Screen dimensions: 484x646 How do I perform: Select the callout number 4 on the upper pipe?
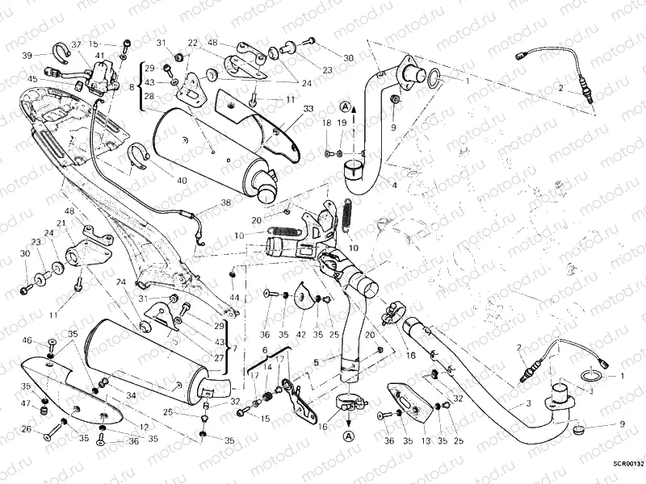point(395,186)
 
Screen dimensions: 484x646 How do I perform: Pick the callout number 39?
point(27,55)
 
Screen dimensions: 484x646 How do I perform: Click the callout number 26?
point(26,429)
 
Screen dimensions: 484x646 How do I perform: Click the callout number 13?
point(425,441)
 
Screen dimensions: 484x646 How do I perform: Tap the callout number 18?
point(327,123)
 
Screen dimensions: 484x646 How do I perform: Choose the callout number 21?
point(60,223)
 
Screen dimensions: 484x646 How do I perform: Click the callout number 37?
point(76,44)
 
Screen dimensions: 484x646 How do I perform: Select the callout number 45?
point(32,78)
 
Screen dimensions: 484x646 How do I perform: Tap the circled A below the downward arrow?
point(348,436)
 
